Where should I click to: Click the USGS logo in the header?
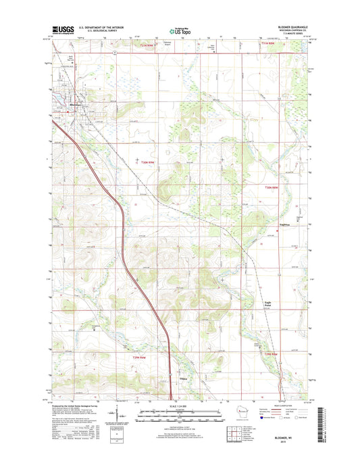(59, 30)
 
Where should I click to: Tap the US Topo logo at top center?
(180, 30)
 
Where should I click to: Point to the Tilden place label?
(182, 369)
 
